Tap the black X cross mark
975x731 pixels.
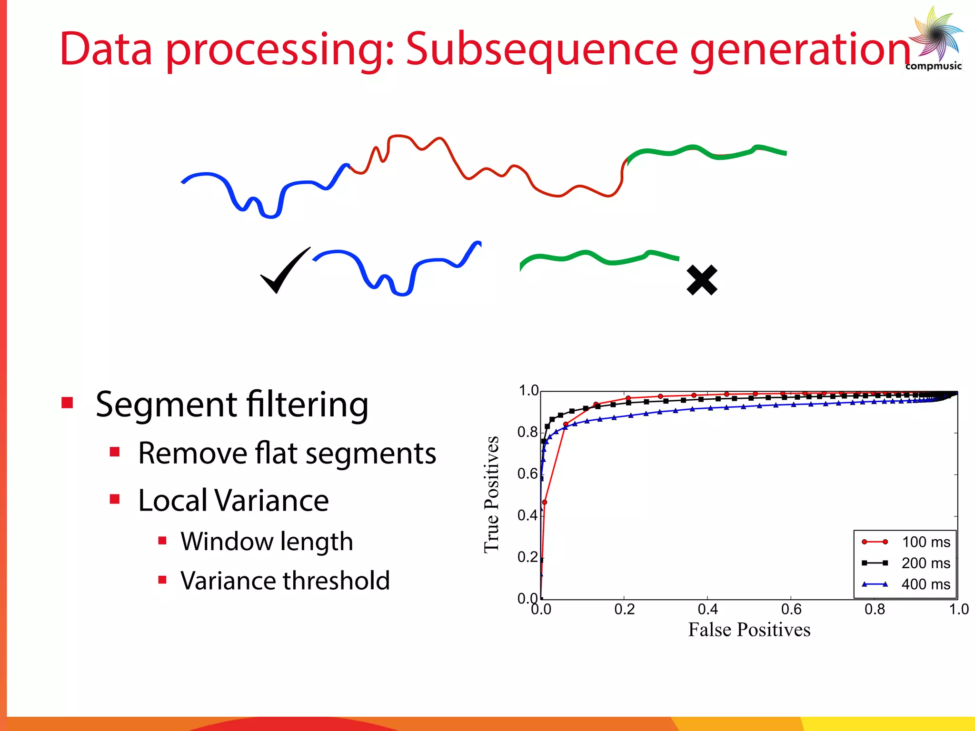[x=702, y=280]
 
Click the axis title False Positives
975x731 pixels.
[x=749, y=630]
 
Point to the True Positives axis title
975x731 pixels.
[x=491, y=494]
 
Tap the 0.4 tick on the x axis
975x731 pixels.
[x=707, y=609]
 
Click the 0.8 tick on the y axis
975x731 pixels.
[x=527, y=432]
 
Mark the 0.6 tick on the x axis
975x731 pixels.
[x=791, y=609]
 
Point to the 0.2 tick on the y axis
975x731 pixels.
[x=527, y=557]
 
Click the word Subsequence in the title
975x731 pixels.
[x=541, y=49]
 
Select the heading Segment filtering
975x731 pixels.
[x=232, y=405]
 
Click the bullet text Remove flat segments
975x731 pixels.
[x=287, y=453]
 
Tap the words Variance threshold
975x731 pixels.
[x=285, y=581]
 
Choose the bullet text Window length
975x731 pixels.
[x=267, y=542]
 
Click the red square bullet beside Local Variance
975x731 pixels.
[x=115, y=499]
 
